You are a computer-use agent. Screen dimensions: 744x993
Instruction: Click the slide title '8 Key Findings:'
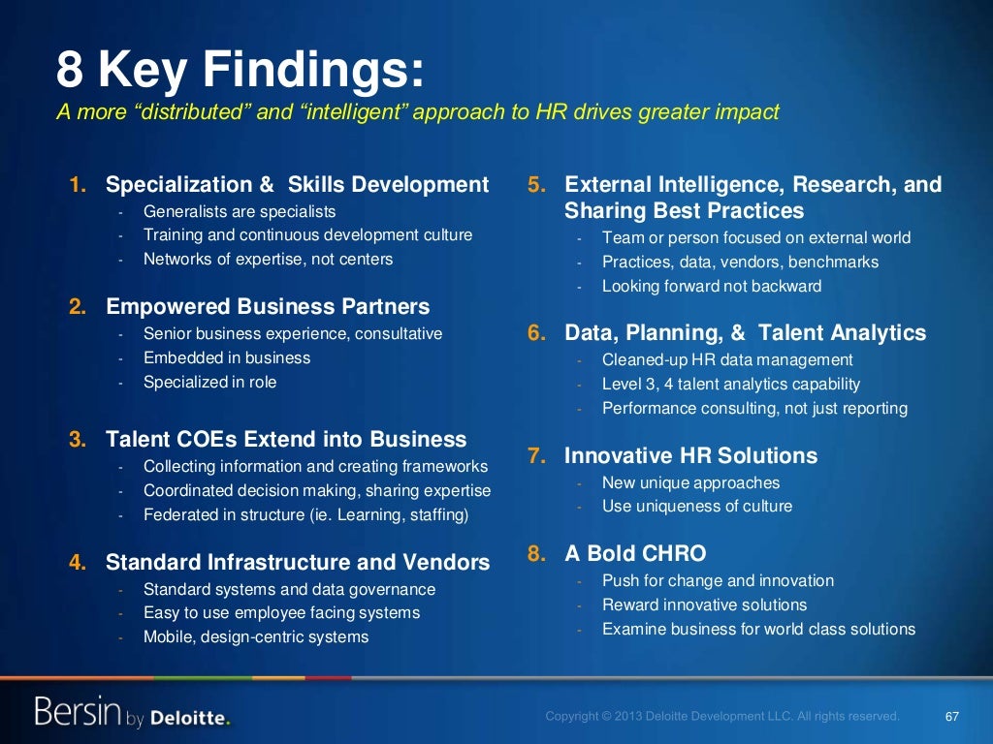tap(240, 71)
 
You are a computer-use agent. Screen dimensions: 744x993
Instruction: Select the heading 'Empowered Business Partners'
tap(268, 307)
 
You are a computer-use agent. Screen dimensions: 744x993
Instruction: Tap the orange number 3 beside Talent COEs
tap(77, 440)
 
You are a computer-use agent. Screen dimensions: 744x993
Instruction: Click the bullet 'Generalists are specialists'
tap(240, 210)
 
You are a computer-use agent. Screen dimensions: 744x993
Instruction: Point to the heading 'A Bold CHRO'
tap(635, 553)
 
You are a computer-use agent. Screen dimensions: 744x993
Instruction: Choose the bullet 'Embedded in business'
tap(227, 357)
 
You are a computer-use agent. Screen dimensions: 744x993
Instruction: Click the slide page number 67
tap(951, 717)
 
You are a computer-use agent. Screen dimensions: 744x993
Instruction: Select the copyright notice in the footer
tap(722, 717)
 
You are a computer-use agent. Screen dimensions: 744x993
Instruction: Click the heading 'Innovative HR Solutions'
tap(690, 455)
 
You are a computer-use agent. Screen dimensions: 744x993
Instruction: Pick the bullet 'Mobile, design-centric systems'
tap(256, 636)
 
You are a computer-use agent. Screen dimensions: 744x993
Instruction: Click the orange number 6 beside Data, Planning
tap(536, 333)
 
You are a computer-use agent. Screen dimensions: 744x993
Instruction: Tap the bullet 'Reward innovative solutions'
tap(704, 604)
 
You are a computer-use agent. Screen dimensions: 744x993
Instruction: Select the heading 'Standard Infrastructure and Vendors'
tap(298, 562)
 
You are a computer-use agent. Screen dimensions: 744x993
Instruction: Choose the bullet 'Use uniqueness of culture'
tap(696, 506)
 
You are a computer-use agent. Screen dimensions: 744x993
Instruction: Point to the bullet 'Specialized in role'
tap(209, 382)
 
